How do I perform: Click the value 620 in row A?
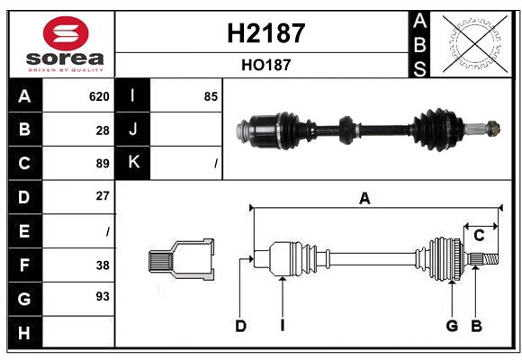99,96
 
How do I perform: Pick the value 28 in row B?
103,130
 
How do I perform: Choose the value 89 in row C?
103,163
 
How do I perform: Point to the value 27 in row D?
103,195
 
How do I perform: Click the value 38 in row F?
103,265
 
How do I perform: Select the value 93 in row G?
103,296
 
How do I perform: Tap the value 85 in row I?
211,96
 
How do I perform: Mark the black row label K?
133,163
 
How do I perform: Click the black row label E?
24,231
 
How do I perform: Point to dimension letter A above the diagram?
364,199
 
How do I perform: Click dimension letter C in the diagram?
479,235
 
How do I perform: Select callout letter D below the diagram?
240,326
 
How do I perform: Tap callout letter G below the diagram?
452,326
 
